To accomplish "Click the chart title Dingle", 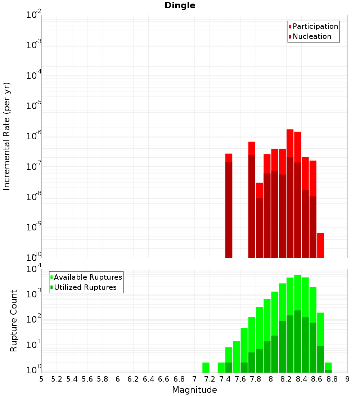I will pyautogui.click(x=180, y=5).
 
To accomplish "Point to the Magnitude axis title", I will pyautogui.click(x=194, y=390).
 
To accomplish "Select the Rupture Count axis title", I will pyautogui.click(x=14, y=321).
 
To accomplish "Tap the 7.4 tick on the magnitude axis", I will pyautogui.click(x=225, y=379).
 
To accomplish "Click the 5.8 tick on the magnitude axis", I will pyautogui.click(x=103, y=379).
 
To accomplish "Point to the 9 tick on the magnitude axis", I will pyautogui.click(x=347, y=379).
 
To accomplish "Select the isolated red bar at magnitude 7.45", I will pyautogui.click(x=229, y=205).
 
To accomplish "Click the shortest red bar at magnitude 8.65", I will pyautogui.click(x=320, y=245).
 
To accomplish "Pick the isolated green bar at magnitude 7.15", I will pyautogui.click(x=206, y=367).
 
